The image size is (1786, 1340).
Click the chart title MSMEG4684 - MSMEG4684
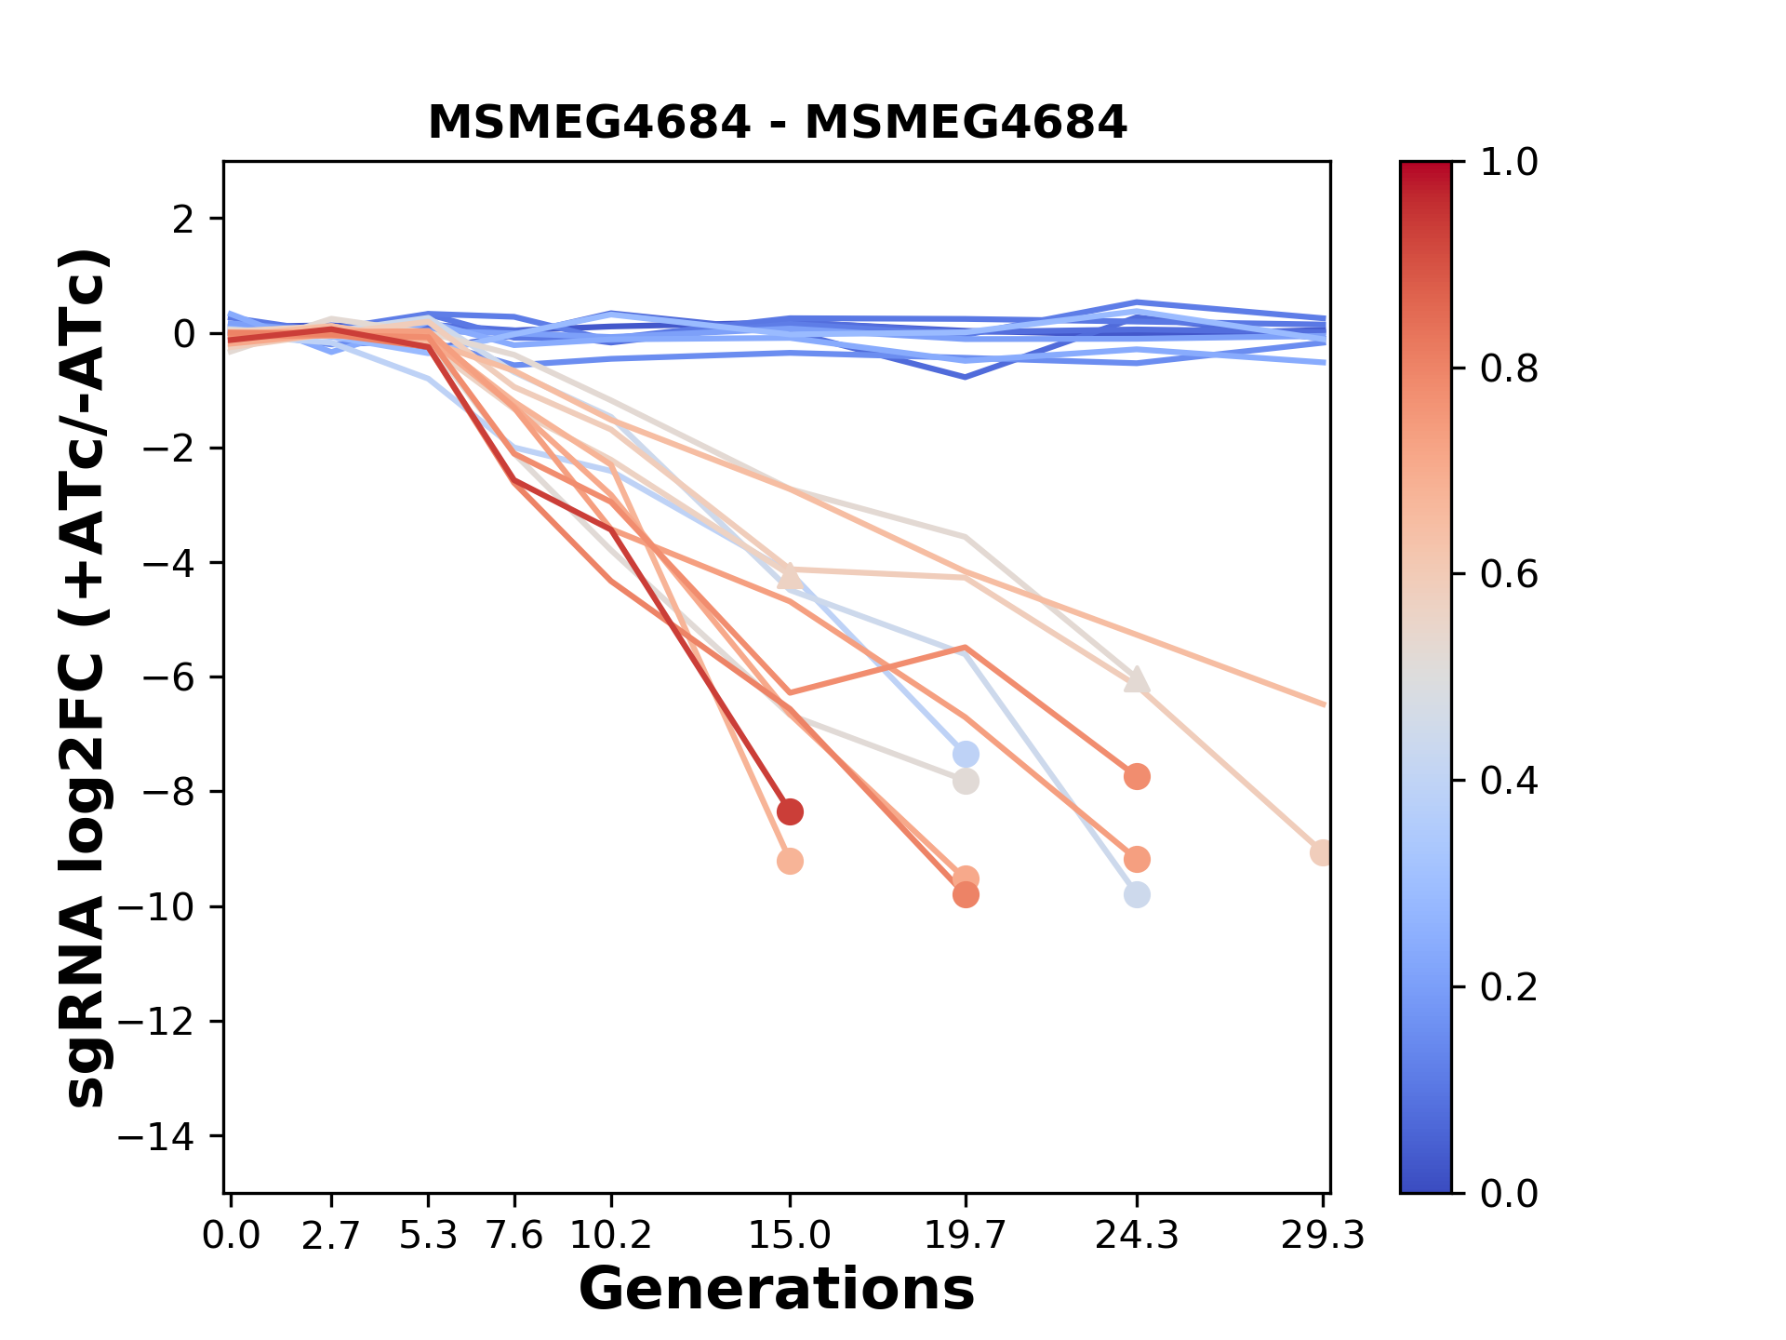point(777,123)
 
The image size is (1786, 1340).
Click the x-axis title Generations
point(777,1290)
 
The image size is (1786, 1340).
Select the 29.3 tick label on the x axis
point(1322,1236)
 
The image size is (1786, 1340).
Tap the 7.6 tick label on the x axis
point(514,1236)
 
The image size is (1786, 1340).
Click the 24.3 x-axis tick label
point(1136,1236)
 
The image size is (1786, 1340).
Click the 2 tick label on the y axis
point(184,220)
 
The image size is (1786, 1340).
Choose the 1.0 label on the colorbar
point(1509,163)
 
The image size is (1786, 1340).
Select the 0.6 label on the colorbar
point(1509,575)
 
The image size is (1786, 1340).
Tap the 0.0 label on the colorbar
point(1509,1193)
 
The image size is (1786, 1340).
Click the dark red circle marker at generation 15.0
point(790,812)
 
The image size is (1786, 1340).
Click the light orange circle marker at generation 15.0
point(790,862)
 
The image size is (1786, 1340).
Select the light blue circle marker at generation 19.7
point(966,754)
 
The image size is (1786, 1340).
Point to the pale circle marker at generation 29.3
point(1322,852)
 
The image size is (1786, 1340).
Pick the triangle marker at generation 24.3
point(1137,680)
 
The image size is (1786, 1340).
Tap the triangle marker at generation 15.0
point(790,577)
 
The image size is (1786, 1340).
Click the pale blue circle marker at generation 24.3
point(1137,895)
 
